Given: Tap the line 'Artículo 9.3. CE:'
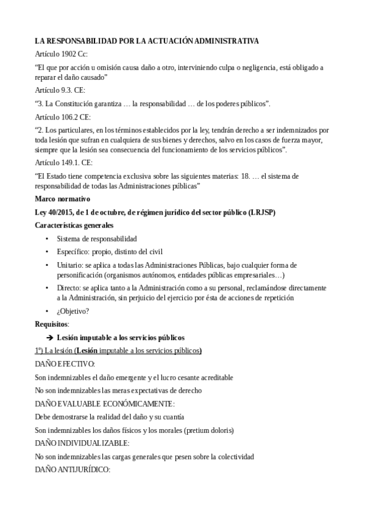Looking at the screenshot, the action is coord(60,90).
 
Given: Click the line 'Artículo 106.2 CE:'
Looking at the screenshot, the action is coord(63,116).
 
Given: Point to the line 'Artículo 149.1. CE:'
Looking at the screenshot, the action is coord(64,163).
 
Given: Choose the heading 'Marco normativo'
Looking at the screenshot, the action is coord(63,199).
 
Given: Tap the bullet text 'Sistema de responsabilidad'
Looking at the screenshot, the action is coord(97,238).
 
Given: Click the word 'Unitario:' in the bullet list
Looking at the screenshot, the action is coord(70,265).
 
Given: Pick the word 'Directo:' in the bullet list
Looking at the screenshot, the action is coord(69,287).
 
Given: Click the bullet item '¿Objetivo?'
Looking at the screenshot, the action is coord(73,311).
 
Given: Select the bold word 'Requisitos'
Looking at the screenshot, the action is coord(52,324).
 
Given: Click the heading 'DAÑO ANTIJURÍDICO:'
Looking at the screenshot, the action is coord(73,470).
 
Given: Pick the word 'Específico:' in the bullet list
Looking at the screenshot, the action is coord(74,252).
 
